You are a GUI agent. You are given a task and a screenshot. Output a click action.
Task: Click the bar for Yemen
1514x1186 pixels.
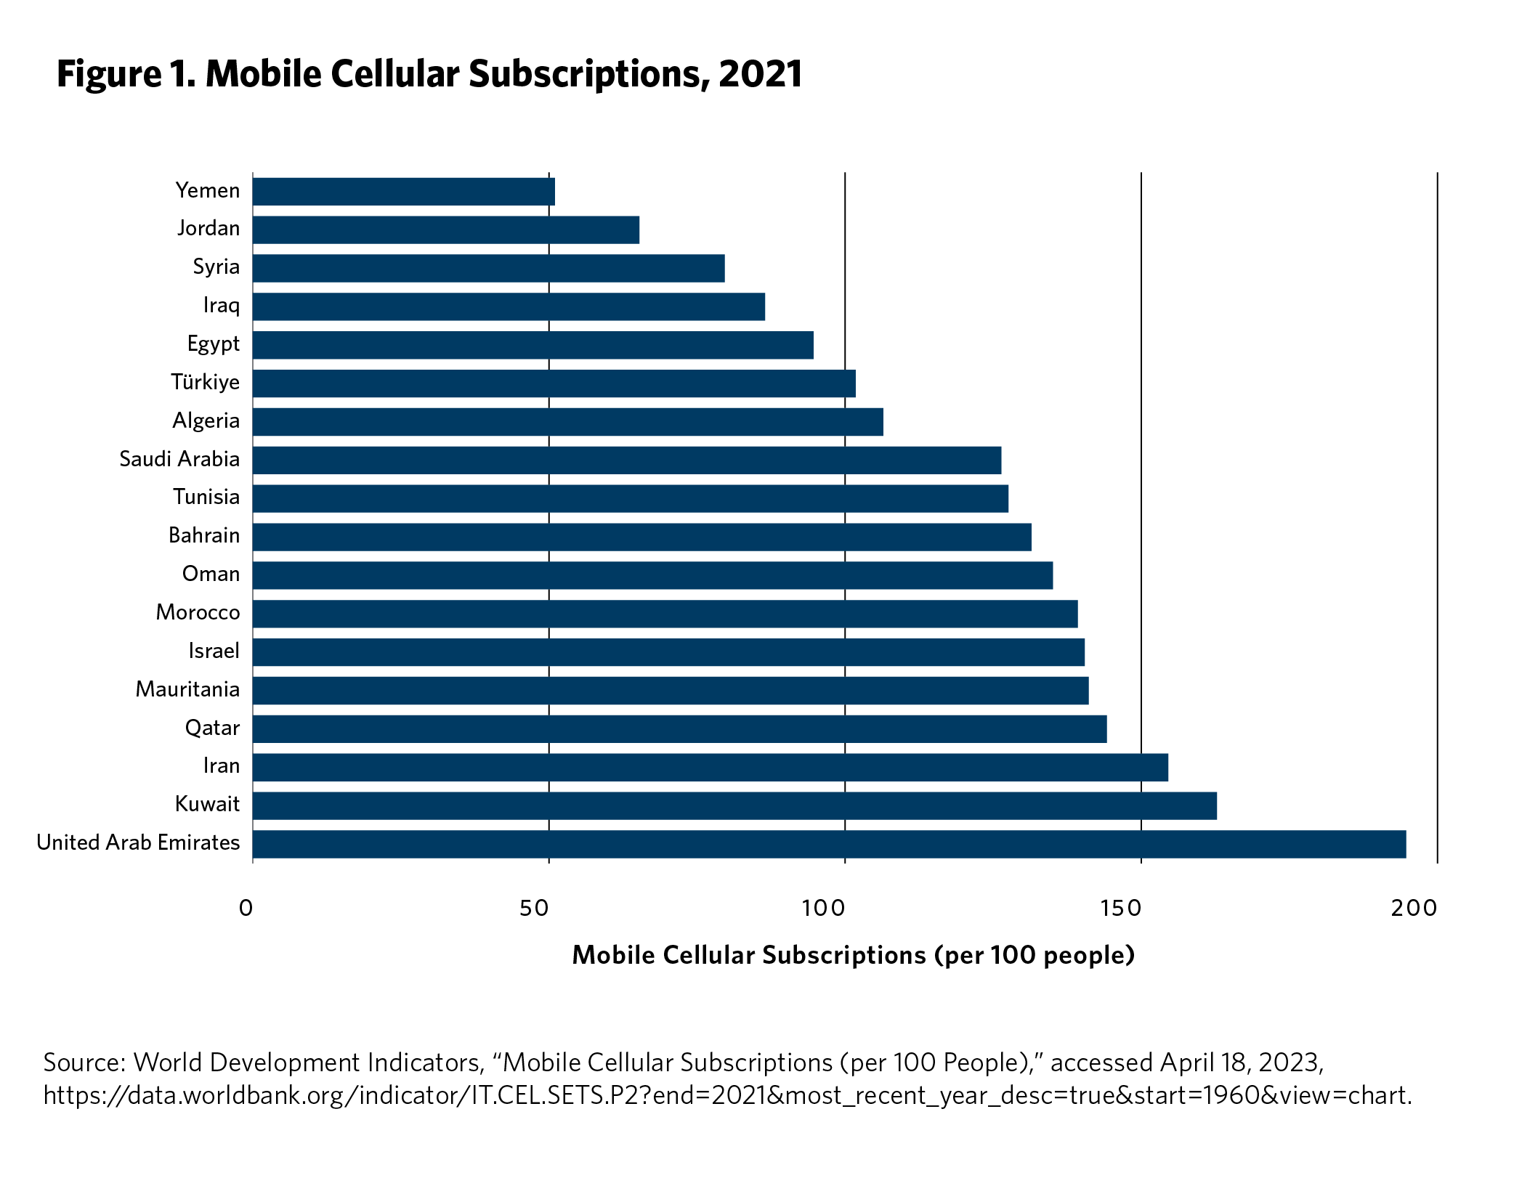404,192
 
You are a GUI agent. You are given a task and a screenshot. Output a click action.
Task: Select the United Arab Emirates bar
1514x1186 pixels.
829,844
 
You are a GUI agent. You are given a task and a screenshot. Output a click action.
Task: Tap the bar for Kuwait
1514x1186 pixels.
734,805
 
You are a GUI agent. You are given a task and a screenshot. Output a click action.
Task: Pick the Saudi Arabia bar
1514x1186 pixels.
627,460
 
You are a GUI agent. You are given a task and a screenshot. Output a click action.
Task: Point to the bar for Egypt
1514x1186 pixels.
533,345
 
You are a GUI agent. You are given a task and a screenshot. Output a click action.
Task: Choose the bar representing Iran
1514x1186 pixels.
711,767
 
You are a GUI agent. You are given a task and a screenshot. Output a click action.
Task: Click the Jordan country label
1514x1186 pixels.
209,229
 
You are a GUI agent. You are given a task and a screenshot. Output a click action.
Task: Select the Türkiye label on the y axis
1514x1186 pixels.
205,382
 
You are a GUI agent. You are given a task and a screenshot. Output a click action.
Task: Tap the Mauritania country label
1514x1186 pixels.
187,689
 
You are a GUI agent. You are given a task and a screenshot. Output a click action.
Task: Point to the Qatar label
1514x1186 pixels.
212,728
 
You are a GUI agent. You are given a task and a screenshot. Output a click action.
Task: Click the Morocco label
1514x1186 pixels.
198,613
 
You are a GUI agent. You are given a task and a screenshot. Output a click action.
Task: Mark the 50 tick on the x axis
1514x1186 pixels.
534,908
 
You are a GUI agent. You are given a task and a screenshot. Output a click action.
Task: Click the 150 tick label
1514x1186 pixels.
1120,908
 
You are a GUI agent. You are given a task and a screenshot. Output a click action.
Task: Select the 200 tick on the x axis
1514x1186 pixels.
1414,908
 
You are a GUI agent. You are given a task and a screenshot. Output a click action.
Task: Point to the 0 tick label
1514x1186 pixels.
246,908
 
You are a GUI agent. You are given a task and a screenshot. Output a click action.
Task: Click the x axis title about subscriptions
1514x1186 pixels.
853,955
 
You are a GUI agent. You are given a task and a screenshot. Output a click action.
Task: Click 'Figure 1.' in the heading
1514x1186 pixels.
126,74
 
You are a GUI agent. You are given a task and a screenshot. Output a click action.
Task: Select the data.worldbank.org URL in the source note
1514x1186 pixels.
727,1094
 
